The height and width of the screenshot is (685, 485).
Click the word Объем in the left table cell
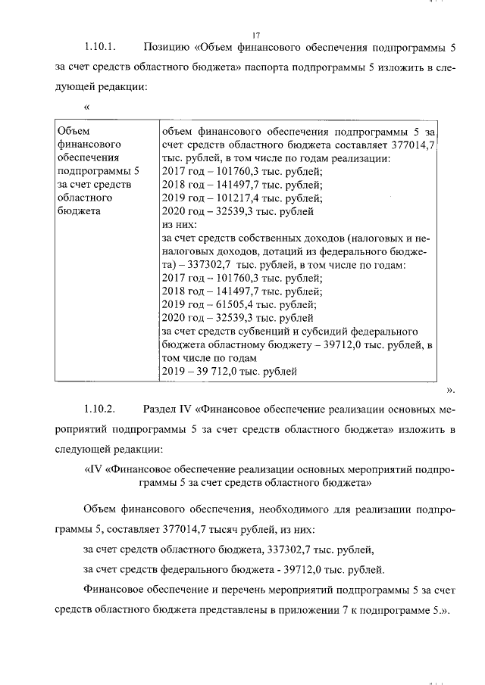pos(74,131)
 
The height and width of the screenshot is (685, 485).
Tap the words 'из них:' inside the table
pos(180,226)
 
